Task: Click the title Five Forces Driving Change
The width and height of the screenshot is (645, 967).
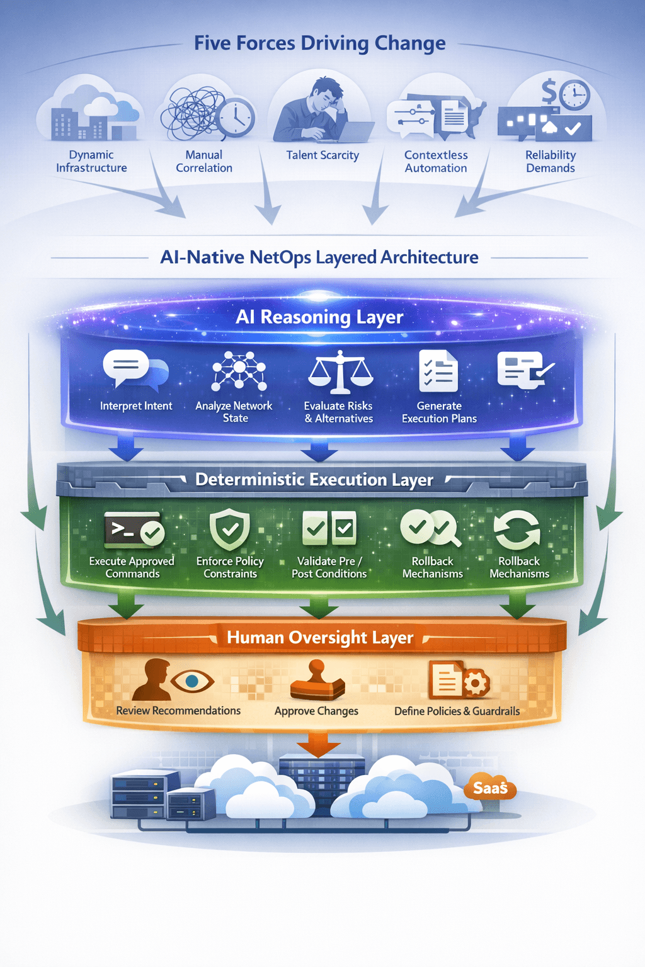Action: click(319, 43)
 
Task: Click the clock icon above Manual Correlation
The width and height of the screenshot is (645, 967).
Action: click(236, 117)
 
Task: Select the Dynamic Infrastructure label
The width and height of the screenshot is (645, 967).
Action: click(91, 161)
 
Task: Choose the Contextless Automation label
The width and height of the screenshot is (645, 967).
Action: click(436, 161)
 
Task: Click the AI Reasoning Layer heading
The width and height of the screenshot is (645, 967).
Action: click(319, 317)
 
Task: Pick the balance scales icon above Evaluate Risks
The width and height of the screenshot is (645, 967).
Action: click(340, 371)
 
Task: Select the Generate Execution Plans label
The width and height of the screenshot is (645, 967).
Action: click(439, 412)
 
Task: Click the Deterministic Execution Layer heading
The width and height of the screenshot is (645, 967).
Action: click(314, 480)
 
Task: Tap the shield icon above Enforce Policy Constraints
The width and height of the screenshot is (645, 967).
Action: click(229, 529)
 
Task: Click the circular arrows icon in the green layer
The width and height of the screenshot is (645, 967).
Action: click(517, 529)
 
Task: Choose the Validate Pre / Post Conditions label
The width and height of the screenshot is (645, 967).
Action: click(329, 567)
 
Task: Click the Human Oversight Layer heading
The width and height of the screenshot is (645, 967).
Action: click(320, 638)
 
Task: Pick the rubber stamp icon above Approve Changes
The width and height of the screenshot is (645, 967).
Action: click(317, 681)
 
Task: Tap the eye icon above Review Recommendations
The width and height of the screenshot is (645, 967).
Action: click(192, 681)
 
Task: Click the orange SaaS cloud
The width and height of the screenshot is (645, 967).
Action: click(490, 788)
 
